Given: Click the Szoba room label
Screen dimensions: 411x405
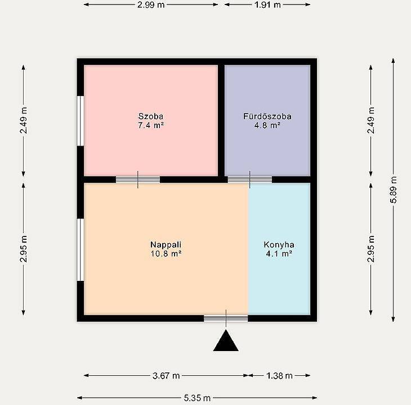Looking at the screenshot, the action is [151, 116].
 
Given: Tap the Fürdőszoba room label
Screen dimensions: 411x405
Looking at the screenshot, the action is [267, 116].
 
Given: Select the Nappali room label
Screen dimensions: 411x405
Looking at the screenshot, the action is [166, 245].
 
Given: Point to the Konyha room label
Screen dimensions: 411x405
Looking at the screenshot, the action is [279, 245].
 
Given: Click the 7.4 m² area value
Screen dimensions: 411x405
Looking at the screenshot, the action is [151, 125].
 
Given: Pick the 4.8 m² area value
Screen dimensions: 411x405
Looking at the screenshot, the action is [267, 125].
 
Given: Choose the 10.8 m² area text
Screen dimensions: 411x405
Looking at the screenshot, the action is [166, 253].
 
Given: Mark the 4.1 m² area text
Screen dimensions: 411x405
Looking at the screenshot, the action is [279, 253].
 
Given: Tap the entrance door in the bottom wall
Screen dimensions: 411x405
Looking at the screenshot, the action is [226, 318].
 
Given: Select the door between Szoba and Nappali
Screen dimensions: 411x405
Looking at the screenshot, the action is [138, 180].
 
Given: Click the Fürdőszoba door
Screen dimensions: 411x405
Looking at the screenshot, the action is [250, 180].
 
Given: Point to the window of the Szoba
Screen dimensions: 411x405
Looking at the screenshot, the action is [81, 121].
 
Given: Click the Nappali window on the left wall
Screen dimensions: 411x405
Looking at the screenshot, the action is [81, 250].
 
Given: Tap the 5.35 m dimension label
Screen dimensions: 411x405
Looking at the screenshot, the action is [197, 398].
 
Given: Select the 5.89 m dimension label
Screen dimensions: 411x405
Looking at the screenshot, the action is [394, 190].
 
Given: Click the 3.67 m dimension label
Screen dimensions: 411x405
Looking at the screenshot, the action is [166, 376].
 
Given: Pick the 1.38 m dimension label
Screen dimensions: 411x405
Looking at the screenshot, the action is [279, 376].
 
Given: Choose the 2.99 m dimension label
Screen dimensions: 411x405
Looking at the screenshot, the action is [151, 4].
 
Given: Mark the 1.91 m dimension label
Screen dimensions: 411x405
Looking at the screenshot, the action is [267, 4].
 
